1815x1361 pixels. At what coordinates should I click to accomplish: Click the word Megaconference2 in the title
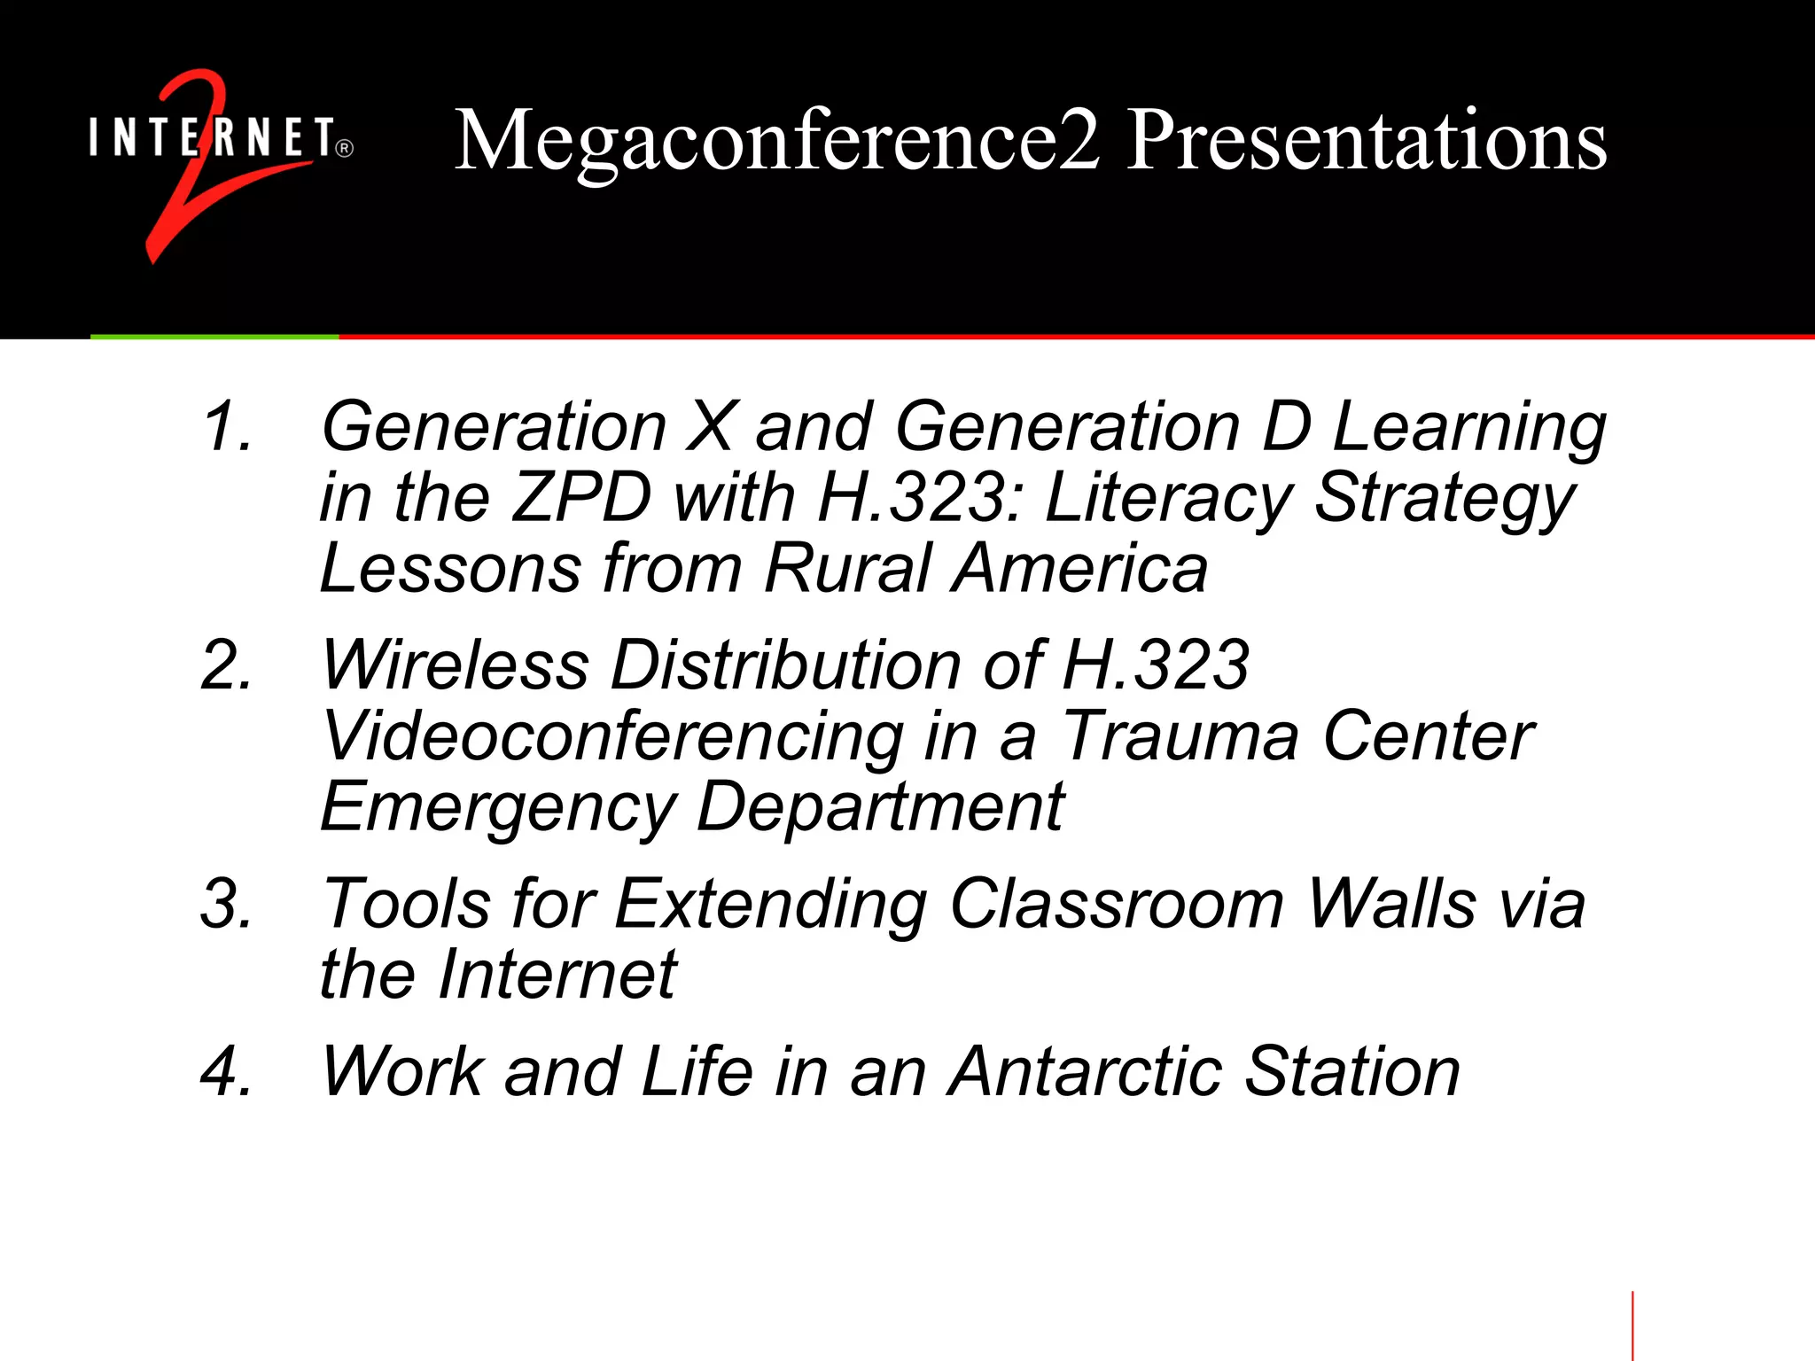pos(776,142)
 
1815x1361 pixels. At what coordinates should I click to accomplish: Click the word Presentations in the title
pos(1366,142)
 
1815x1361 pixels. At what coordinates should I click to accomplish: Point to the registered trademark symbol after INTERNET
pos(345,149)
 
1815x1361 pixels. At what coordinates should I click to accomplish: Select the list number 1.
pos(227,427)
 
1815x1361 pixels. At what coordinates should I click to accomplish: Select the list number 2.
pos(227,665)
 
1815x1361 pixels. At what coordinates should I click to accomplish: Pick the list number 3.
pos(227,905)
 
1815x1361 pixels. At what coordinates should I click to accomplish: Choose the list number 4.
pos(227,1072)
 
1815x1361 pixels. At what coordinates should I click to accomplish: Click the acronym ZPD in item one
pos(581,498)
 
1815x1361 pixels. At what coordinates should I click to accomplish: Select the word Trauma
pos(1180,737)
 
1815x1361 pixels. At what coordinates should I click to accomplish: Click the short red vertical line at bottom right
pos(1632,1326)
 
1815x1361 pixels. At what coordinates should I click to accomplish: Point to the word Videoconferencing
pos(612,737)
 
